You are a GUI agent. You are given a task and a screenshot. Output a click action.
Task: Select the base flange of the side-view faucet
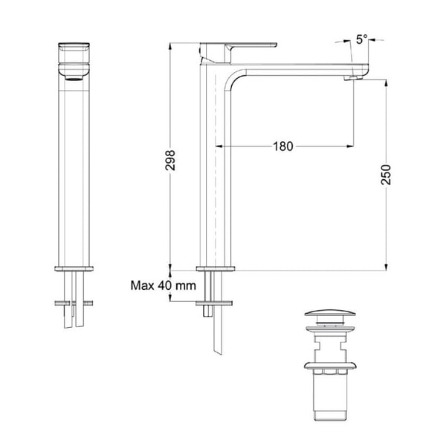[216, 268]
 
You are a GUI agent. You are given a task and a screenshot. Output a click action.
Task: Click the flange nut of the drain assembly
[327, 366]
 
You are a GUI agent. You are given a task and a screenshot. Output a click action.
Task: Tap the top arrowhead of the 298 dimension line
[171, 44]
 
